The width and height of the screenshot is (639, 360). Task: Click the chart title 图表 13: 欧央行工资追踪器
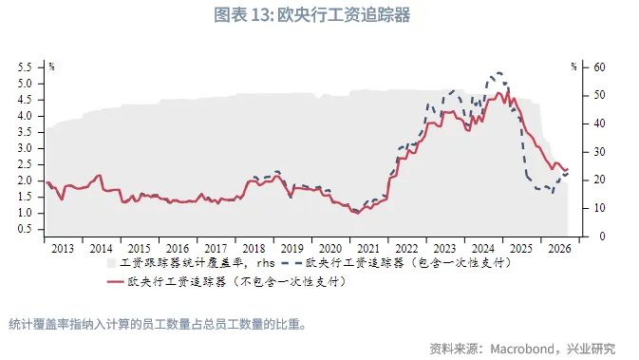pyautogui.click(x=319, y=16)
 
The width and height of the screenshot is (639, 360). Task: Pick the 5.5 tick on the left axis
pyautogui.click(x=25, y=67)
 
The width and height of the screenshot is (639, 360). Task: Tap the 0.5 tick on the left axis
pyautogui.click(x=25, y=229)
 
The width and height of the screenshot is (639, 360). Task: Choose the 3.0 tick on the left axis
pyautogui.click(x=25, y=148)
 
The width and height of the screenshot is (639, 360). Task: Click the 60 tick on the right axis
pyautogui.click(x=600, y=67)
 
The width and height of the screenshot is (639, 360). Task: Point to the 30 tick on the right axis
pyautogui.click(x=600, y=152)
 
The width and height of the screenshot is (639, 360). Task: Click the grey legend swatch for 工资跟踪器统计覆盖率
pyautogui.click(x=111, y=261)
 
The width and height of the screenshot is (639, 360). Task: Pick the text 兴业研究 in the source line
pyautogui.click(x=592, y=347)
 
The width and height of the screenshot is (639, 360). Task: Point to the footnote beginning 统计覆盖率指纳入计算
pyautogui.click(x=156, y=324)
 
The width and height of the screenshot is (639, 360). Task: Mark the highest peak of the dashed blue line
pyautogui.click(x=498, y=72)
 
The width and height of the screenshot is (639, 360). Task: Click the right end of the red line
pyautogui.click(x=567, y=170)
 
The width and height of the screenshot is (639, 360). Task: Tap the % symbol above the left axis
pyautogui.click(x=51, y=67)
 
